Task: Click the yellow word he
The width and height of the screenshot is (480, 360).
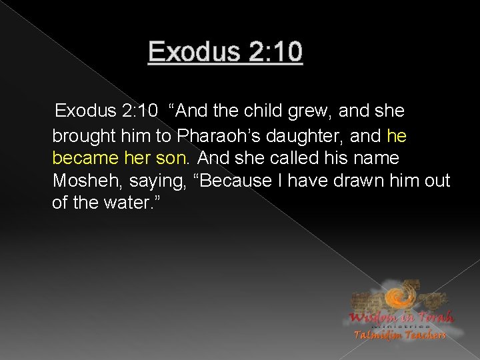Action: click(x=397, y=137)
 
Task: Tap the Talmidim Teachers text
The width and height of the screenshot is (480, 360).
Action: click(x=400, y=335)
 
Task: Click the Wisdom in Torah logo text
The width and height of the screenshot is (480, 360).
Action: click(x=399, y=317)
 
